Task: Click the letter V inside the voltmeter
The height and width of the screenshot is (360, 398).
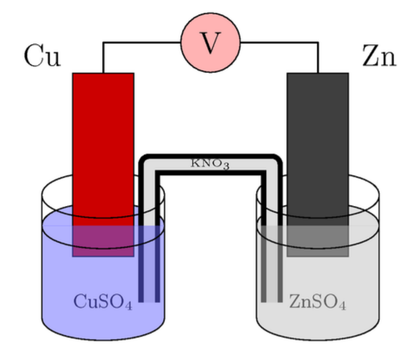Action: pyautogui.click(x=210, y=44)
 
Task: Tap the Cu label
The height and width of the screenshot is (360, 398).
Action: pyautogui.click(x=42, y=56)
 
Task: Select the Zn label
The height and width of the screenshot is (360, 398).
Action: pyautogui.click(x=379, y=56)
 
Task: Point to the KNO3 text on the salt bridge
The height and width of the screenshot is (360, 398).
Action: pyautogui.click(x=210, y=164)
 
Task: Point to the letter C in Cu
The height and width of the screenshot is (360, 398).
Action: pyautogui.click(x=32, y=56)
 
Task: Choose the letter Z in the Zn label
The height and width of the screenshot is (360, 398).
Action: pyautogui.click(x=371, y=56)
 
